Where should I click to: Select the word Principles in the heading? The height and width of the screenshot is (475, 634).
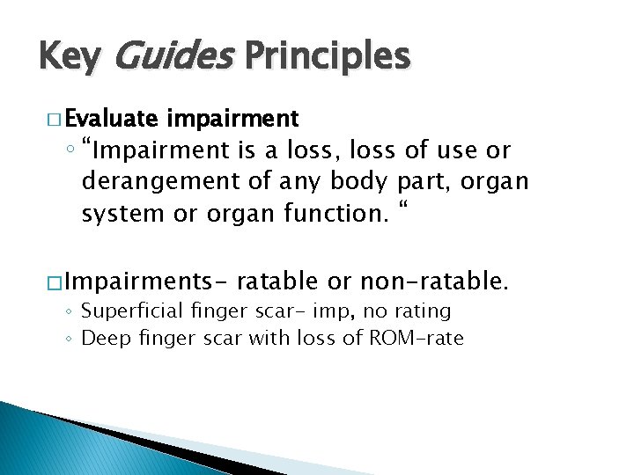pos(328,57)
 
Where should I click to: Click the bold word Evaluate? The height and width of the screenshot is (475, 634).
pos(110,119)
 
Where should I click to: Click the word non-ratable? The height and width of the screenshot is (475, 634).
pos(446,282)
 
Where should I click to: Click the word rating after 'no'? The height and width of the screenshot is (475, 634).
pos(423,311)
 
